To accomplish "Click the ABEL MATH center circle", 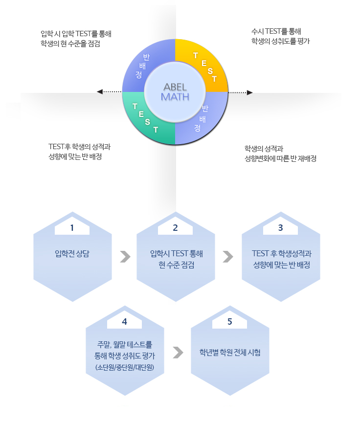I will [x=175, y=91].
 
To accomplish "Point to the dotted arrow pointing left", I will [x=109, y=91].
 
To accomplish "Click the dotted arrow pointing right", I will [x=241, y=92].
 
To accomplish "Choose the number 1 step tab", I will [x=72, y=228].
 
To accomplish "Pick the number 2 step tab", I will [x=175, y=228].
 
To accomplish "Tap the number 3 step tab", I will [x=280, y=228].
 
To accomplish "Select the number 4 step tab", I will [x=124, y=322].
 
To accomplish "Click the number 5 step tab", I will [x=229, y=322].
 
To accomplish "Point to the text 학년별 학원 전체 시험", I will [x=230, y=352].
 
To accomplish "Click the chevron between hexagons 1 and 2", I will [x=125, y=256].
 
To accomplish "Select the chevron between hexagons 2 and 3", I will [x=228, y=256].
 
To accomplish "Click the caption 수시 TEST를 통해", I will [x=276, y=31].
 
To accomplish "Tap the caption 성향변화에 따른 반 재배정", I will [x=280, y=158].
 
